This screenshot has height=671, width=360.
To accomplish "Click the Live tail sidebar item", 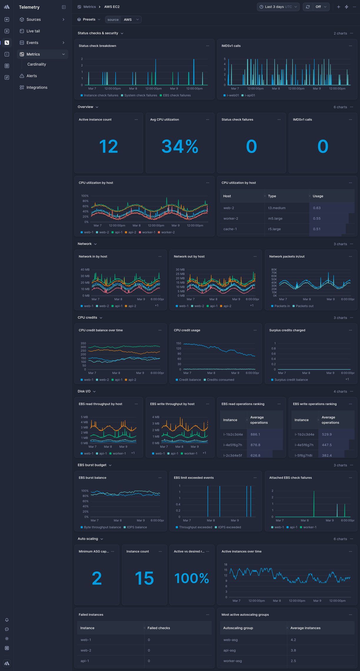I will (33, 31).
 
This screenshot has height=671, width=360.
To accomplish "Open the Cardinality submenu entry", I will (36, 64).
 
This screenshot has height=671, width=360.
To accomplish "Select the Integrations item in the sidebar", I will (37, 88).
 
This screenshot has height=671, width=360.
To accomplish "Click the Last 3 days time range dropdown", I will (278, 7).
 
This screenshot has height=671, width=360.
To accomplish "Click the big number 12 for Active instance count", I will (109, 146).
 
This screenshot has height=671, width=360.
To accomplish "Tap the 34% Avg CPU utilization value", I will (180, 146).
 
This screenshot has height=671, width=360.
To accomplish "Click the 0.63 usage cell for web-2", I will (317, 208).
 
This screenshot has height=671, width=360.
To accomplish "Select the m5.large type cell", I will (275, 219).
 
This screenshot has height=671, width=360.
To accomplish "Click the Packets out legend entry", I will (304, 306).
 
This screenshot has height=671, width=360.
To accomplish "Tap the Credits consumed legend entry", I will (220, 380).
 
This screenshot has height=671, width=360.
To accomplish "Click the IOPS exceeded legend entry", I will (229, 527).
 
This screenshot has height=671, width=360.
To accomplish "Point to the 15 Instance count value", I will (144, 578).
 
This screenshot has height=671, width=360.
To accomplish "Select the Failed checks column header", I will (159, 628).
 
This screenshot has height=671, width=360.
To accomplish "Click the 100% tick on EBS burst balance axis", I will (85, 491).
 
